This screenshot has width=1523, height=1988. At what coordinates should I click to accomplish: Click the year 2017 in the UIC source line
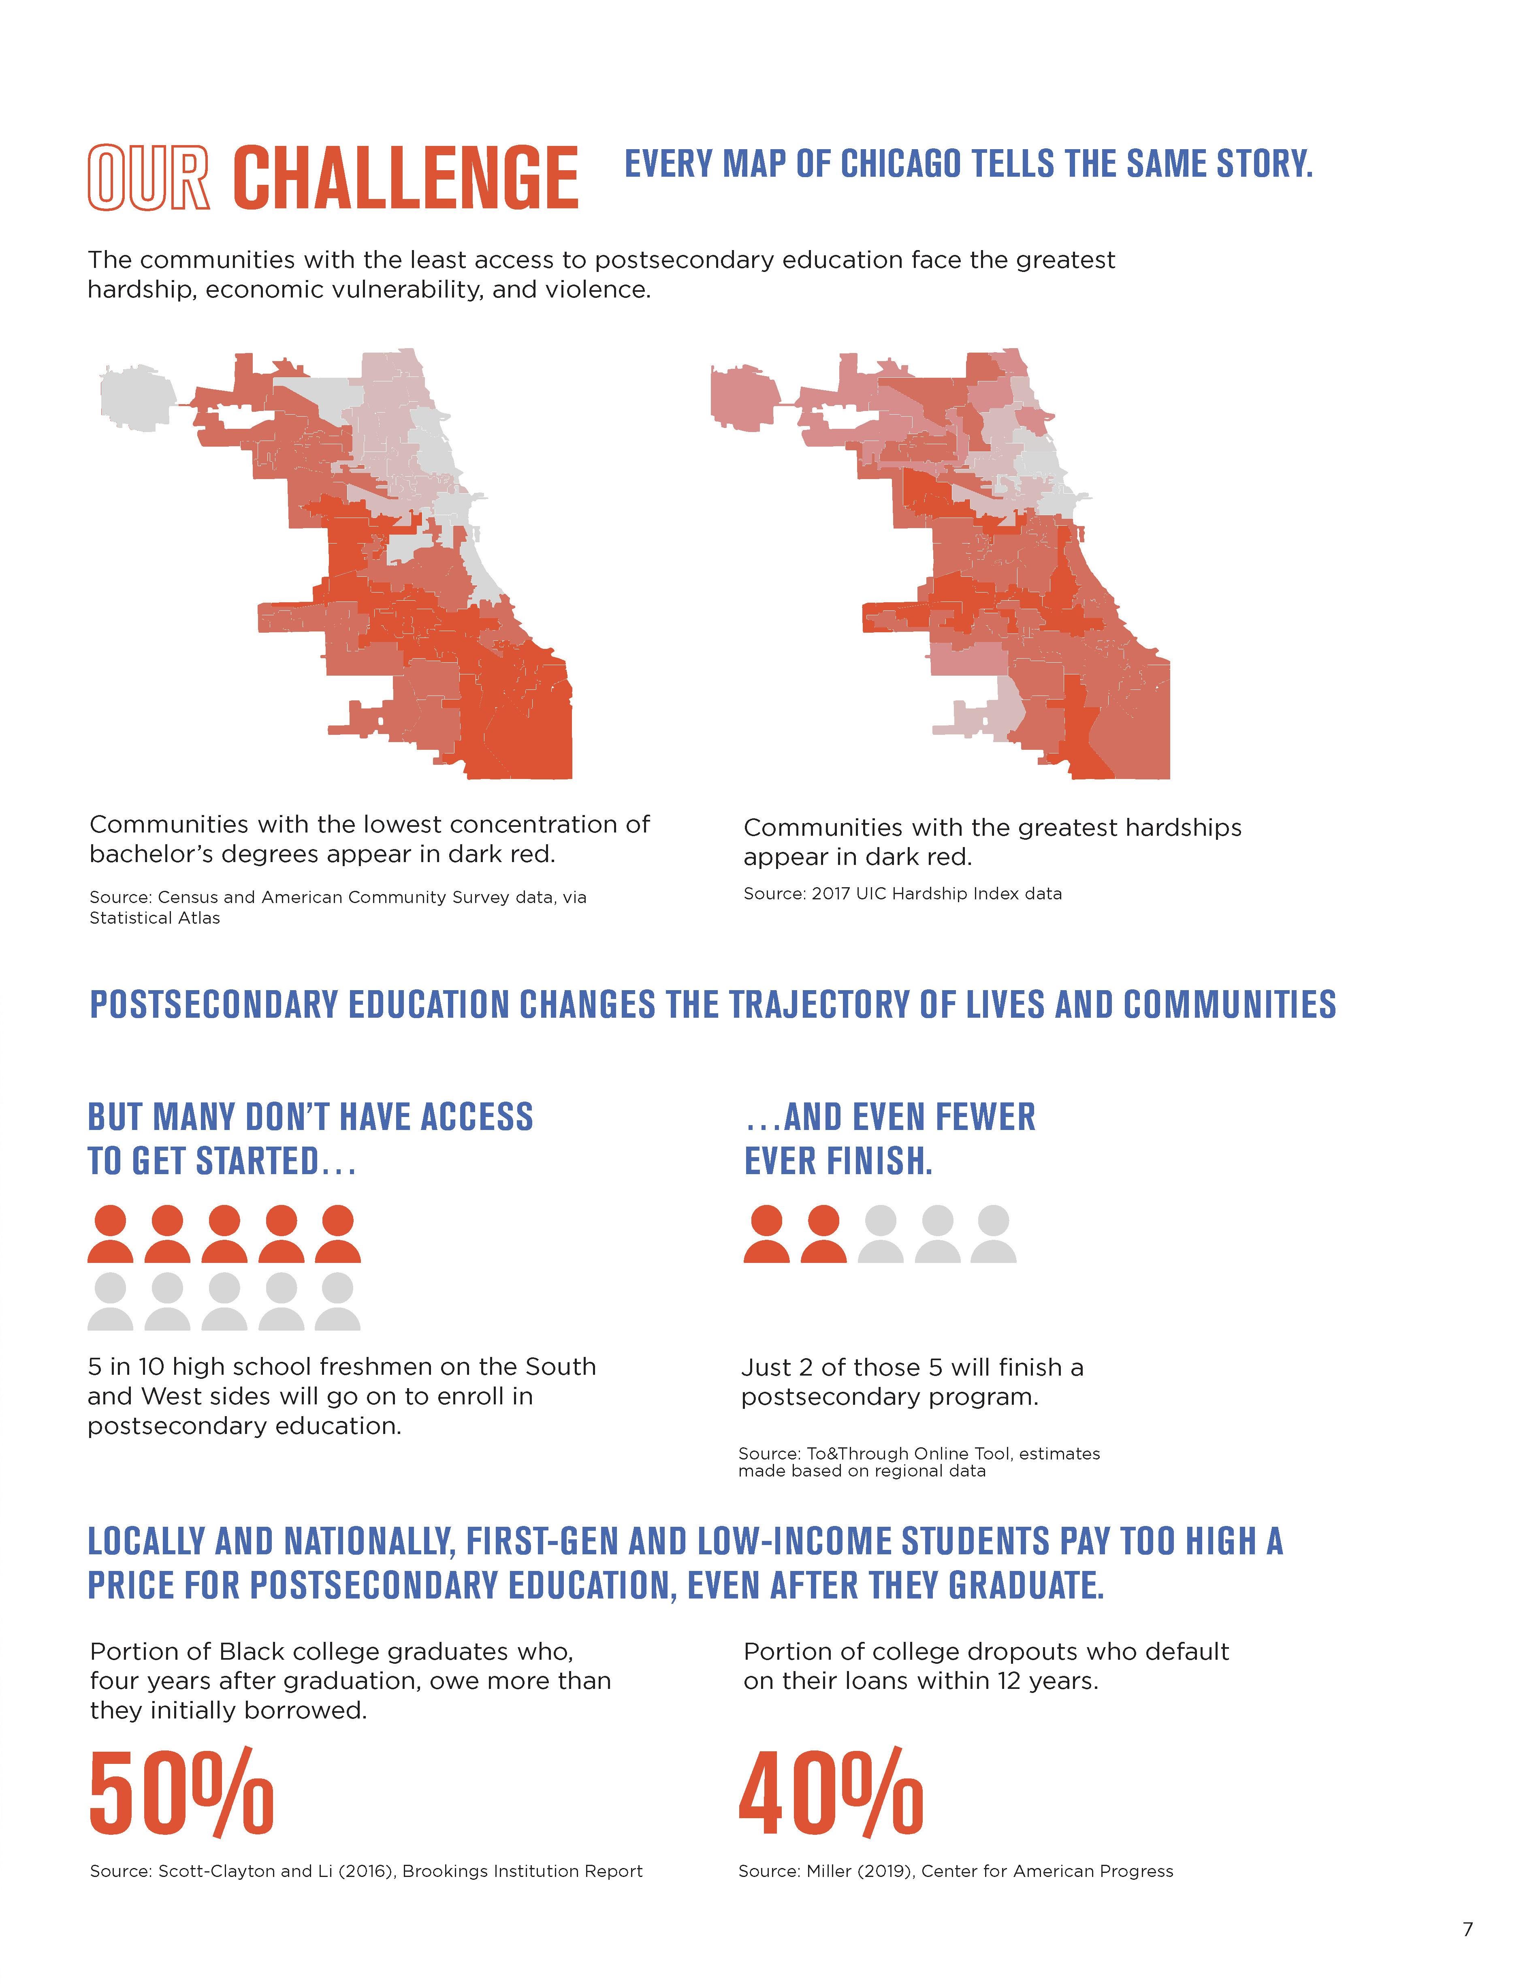click(830, 893)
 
